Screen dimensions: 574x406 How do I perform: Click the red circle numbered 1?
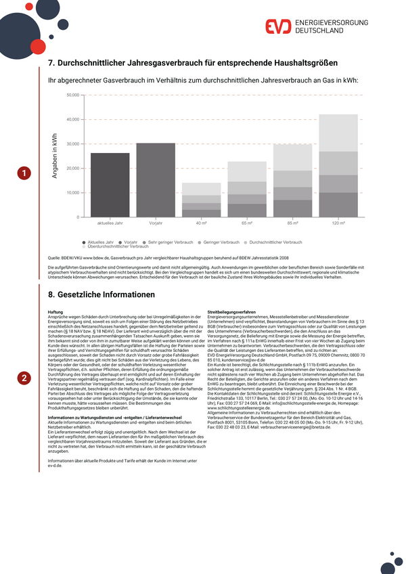(x=24, y=174)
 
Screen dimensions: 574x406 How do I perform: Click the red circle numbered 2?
(x=24, y=378)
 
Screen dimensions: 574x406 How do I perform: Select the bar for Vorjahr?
(x=156, y=180)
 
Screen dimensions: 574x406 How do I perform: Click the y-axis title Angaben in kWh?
(x=55, y=156)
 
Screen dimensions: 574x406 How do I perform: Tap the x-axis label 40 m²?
(x=201, y=223)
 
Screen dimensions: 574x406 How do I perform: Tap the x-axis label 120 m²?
(x=338, y=223)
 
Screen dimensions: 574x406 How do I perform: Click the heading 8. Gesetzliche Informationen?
(x=101, y=294)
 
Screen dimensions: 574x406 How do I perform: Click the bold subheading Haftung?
(x=55, y=312)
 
